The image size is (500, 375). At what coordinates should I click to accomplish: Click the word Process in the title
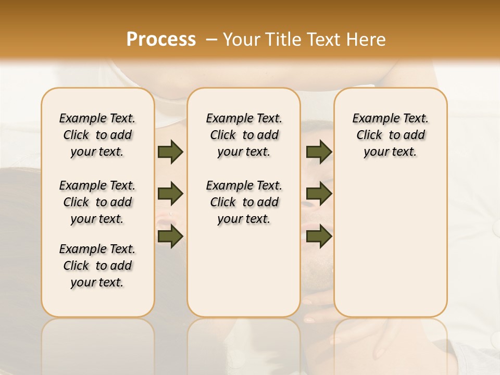click(161, 40)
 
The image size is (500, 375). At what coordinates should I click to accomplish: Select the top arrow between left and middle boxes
click(170, 152)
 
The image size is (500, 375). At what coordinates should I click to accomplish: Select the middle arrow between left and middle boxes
click(170, 194)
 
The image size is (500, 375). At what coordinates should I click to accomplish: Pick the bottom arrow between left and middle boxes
click(170, 236)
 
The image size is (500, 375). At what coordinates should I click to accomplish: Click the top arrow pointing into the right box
click(319, 152)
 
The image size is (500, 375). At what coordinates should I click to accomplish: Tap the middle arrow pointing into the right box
click(319, 194)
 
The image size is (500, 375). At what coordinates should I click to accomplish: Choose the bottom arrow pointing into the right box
click(319, 236)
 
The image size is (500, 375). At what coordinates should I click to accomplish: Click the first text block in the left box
click(97, 135)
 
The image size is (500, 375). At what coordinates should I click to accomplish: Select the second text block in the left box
click(97, 202)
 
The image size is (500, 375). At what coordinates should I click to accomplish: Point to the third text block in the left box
click(97, 266)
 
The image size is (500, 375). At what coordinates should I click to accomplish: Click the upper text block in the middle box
click(244, 135)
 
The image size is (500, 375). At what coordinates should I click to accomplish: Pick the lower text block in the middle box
click(244, 202)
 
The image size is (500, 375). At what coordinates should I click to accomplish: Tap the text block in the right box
click(391, 135)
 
